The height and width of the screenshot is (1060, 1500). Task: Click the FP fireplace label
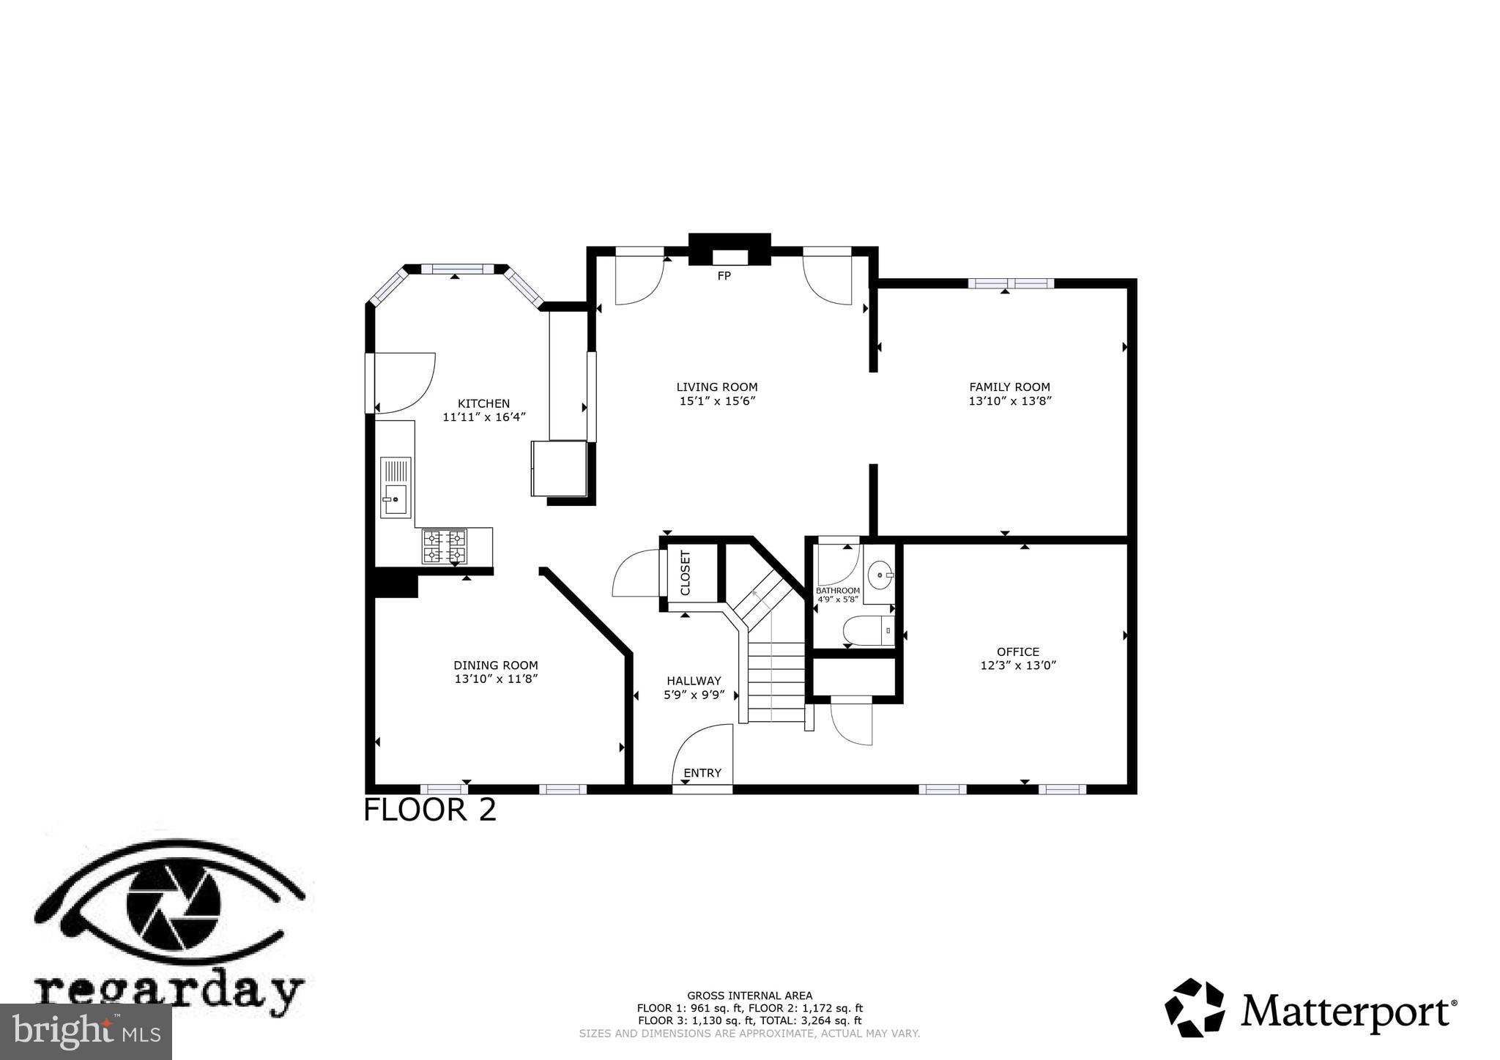[x=724, y=276]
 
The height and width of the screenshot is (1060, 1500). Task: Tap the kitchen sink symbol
[x=396, y=488]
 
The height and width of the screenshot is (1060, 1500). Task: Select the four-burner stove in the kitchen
[x=444, y=546]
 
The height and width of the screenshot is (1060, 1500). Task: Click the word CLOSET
[x=686, y=572]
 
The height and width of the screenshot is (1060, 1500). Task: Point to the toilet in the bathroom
[x=869, y=630]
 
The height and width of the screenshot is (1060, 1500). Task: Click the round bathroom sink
[x=880, y=575]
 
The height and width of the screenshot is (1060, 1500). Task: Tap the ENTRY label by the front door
[x=702, y=773]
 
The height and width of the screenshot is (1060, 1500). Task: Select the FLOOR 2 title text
[x=430, y=810]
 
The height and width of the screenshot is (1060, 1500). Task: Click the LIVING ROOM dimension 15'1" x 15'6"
[x=717, y=401]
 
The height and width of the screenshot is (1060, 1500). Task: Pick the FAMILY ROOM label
[x=1009, y=387]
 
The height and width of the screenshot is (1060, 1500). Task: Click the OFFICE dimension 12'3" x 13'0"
[x=1018, y=665]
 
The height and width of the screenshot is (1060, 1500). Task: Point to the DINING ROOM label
[x=496, y=665]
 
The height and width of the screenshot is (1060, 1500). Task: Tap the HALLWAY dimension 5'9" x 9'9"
[x=694, y=695]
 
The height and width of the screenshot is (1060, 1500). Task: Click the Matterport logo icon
[x=1195, y=1007]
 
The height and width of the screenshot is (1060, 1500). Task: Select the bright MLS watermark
[x=86, y=1031]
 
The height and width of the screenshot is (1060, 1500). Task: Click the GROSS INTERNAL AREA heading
[x=749, y=996]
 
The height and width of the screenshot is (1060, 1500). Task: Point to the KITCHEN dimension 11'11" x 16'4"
[x=484, y=417]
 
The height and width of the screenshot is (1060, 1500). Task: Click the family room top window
[x=1011, y=283]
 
